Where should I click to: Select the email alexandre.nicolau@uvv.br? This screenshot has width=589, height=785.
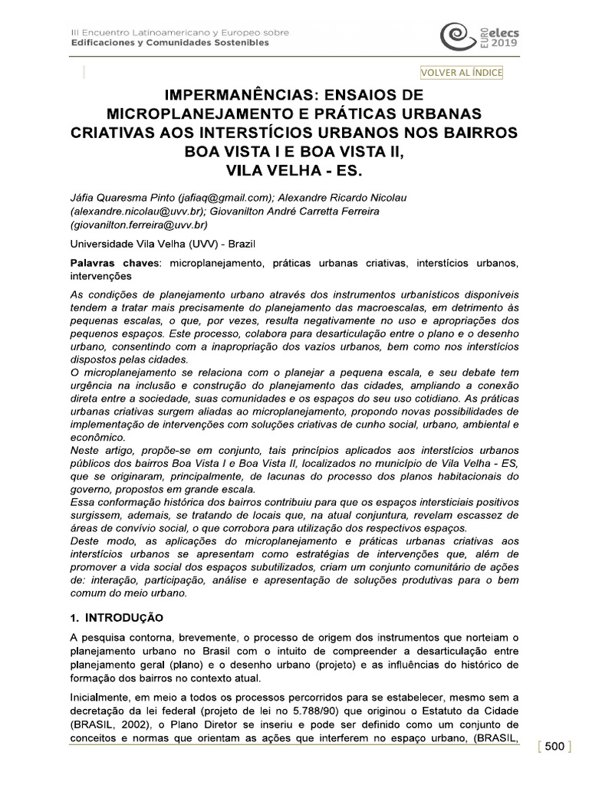point(124,211)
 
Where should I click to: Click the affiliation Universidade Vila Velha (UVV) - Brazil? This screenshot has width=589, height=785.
point(162,244)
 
